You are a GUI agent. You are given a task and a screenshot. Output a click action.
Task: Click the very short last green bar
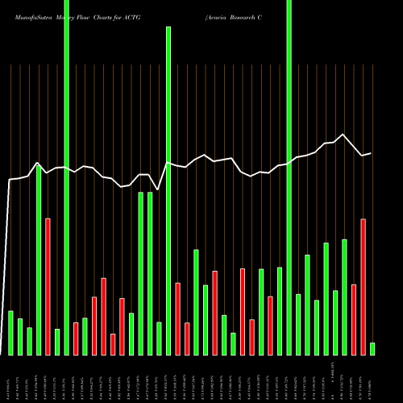pyautogui.click(x=372, y=349)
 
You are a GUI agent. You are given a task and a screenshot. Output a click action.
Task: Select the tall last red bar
pyautogui.click(x=364, y=286)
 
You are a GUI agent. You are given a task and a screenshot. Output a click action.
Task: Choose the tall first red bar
pyautogui.click(x=48, y=286)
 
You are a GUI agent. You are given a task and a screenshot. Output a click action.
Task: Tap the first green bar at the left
pyautogui.click(x=10, y=332)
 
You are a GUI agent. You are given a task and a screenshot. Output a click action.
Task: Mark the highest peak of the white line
pyautogui.click(x=344, y=135)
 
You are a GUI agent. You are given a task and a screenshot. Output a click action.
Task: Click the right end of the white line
pyautogui.click(x=371, y=153)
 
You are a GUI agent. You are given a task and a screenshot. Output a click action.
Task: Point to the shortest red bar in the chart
pyautogui.click(x=113, y=344)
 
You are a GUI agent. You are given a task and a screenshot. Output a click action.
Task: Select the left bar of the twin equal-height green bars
pyautogui.click(x=140, y=273)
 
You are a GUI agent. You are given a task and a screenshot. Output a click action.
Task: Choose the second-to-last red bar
pyautogui.click(x=354, y=319)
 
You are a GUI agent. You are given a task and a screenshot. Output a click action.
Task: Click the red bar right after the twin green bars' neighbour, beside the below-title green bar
pyautogui.click(x=177, y=318)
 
